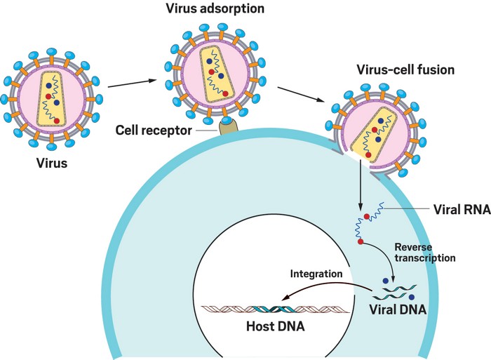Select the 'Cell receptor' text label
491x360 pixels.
coord(154,130)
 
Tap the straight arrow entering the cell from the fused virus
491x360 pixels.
coord(361,186)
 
